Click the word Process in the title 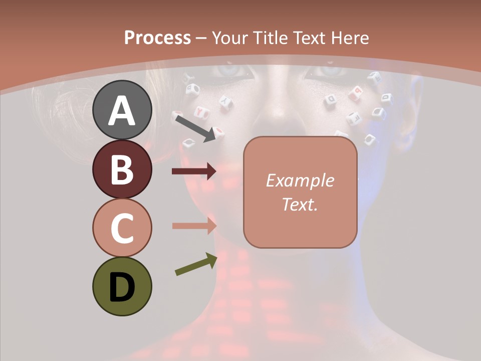click(x=157, y=38)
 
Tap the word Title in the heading click(x=269, y=38)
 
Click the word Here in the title click(x=350, y=38)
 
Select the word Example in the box click(x=300, y=180)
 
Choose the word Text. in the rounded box click(x=300, y=204)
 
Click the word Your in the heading click(x=229, y=38)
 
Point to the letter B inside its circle click(x=122, y=169)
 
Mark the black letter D click(x=122, y=287)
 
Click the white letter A click(x=122, y=110)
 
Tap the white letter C click(x=122, y=228)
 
